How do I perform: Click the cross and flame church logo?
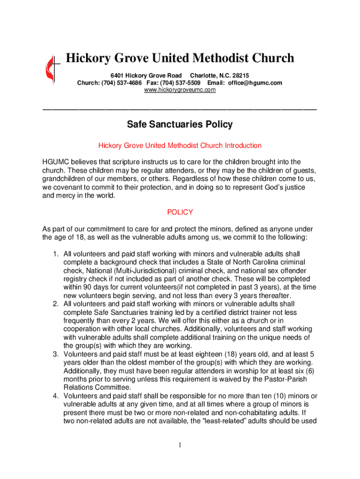point(50,69)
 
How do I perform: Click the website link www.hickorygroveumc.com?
point(180,90)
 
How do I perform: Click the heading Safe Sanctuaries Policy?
point(180,125)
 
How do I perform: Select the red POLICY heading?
point(180,212)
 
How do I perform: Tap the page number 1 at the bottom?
point(180,444)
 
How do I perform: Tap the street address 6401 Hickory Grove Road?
point(146,75)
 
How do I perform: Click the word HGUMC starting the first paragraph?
point(55,162)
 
